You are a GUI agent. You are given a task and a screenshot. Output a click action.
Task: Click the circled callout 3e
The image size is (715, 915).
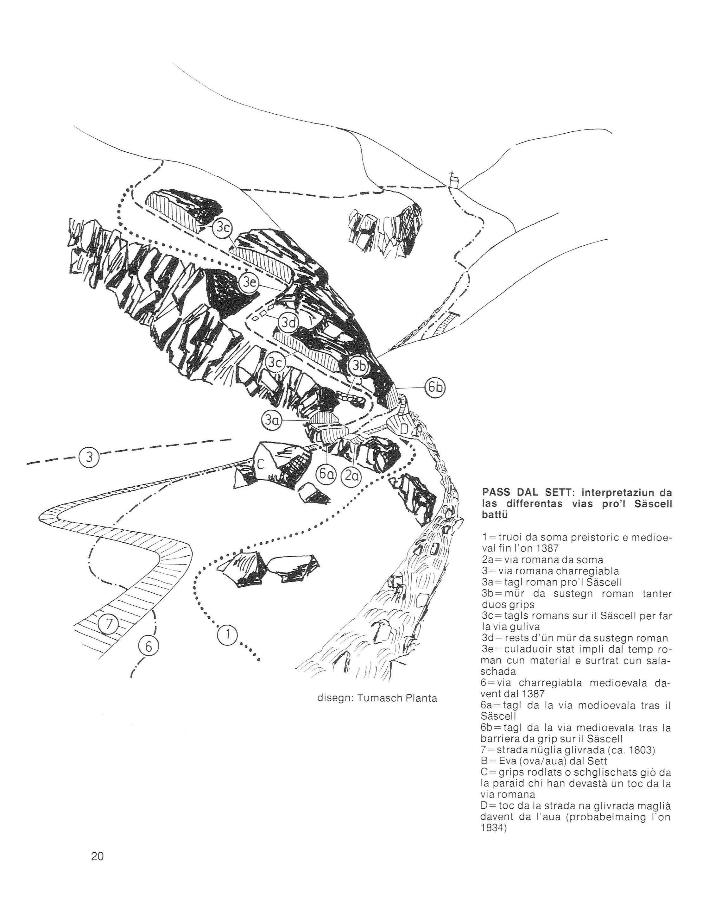pos(249,283)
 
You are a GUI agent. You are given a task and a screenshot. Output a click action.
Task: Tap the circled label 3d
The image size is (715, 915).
pos(288,322)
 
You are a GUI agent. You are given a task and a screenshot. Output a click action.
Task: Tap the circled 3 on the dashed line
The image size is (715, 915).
pos(89,457)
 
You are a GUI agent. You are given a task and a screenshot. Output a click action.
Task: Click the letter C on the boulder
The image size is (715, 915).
pos(260,464)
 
